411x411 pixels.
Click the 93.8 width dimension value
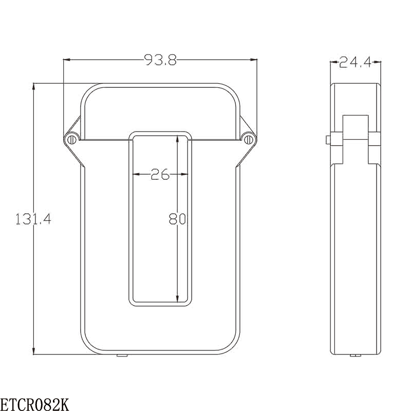(160, 61)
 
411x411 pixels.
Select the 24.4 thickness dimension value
(355, 63)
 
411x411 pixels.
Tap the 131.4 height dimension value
(33, 219)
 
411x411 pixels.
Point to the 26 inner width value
(160, 175)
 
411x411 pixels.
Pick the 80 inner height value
(177, 219)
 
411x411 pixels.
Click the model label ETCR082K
(34, 404)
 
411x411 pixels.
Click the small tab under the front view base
(122, 355)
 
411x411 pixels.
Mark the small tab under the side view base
(354, 355)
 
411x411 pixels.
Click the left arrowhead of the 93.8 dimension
(67, 61)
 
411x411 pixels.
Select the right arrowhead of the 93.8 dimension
(253, 61)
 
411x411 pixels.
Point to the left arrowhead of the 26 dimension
(136, 175)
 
